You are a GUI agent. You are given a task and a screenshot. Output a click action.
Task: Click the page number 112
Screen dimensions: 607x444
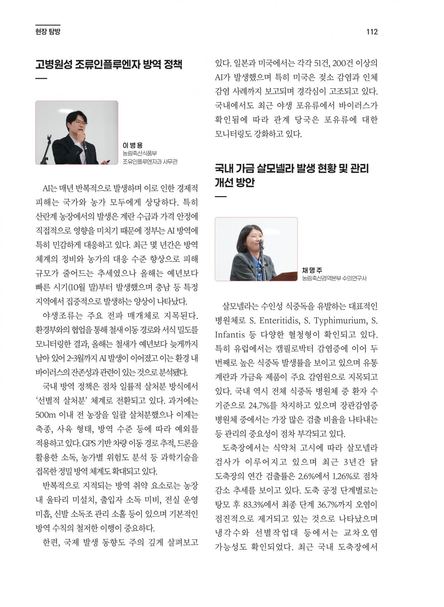pos(372,32)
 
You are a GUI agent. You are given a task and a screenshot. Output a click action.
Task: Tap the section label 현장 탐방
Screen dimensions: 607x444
pos(48,32)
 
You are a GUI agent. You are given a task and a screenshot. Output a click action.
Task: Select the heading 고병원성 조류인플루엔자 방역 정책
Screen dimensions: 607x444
pos(109,64)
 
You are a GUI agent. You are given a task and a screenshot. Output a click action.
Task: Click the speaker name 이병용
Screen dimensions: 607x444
pos(133,145)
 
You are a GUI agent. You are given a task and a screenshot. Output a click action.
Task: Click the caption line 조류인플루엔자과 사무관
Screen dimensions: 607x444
pos(150,162)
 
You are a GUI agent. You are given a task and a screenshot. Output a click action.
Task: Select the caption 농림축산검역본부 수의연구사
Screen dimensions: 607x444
pos(334,278)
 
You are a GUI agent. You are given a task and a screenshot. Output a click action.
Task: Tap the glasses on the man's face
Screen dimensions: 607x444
pos(81,123)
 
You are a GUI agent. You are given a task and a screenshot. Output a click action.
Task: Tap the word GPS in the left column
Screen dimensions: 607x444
pos(89,443)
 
